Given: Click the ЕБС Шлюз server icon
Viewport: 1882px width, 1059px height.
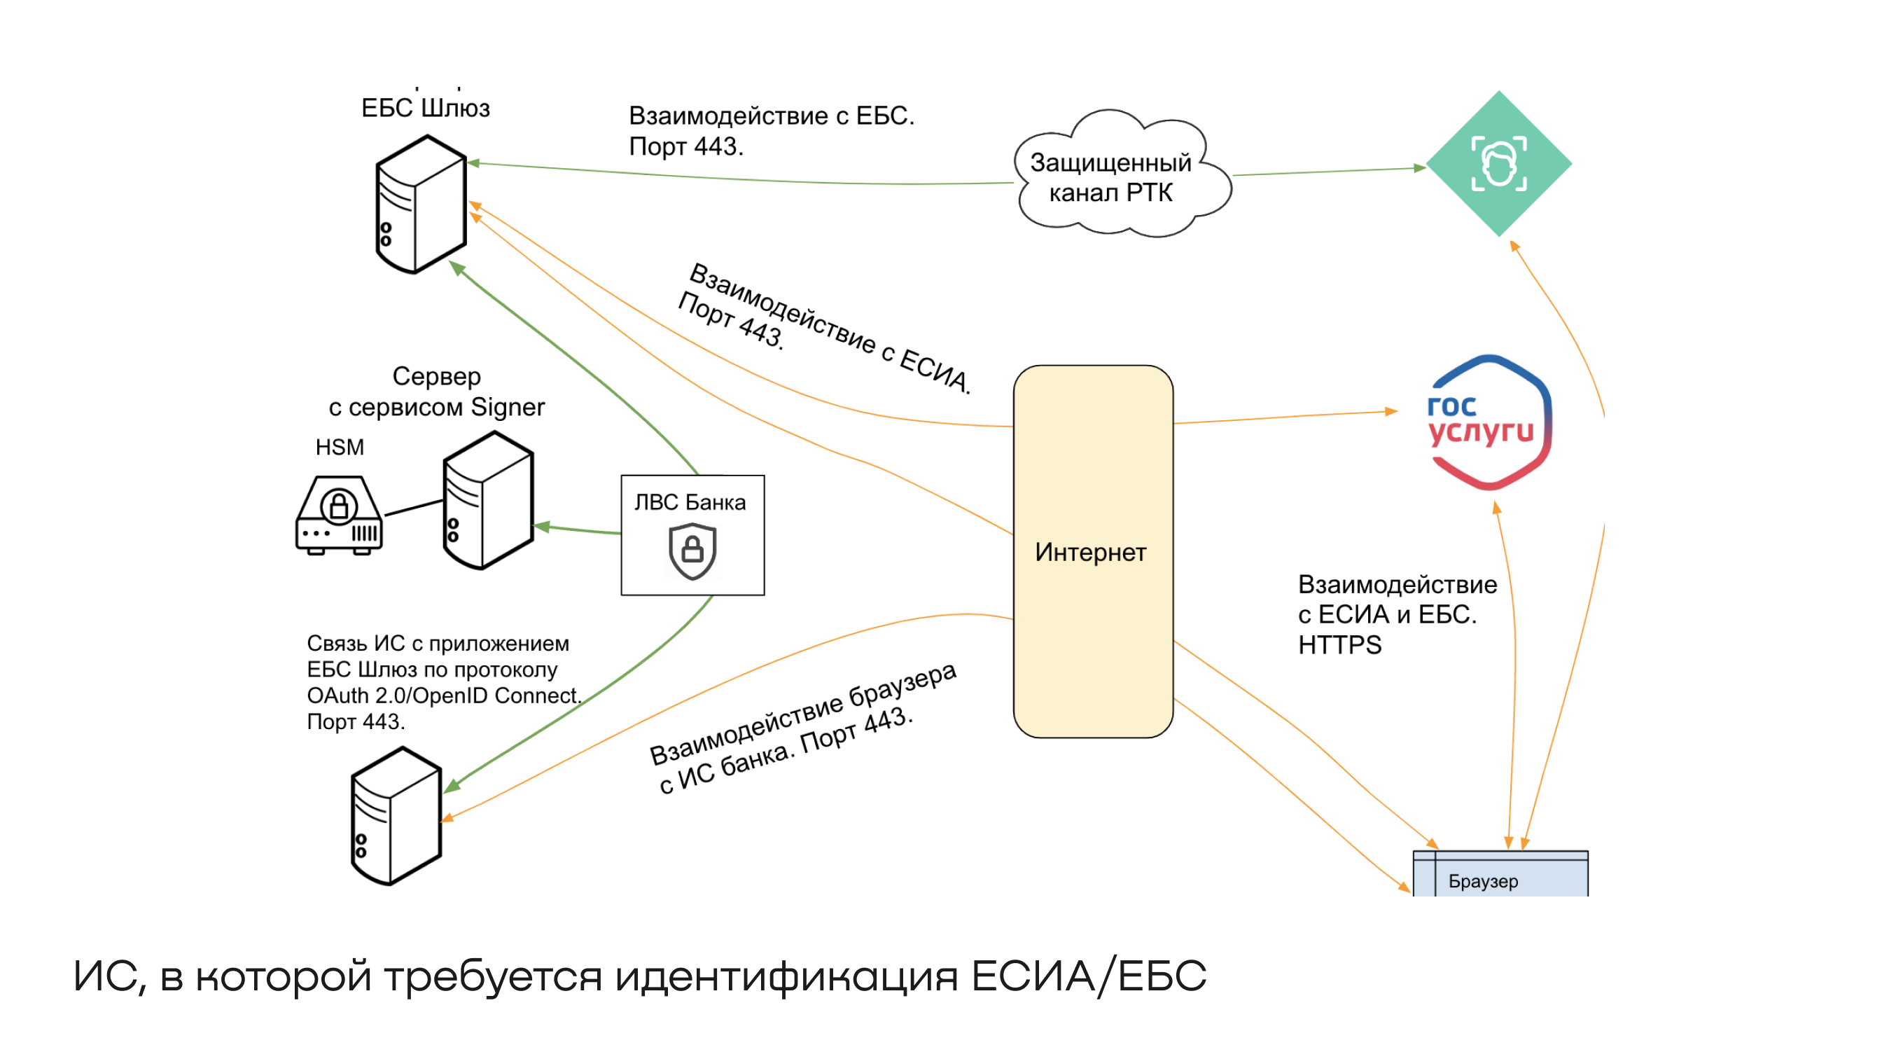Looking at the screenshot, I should tap(421, 204).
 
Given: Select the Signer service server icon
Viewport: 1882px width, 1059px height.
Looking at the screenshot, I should tap(488, 500).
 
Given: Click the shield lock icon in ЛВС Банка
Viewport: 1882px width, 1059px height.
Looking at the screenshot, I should tap(692, 551).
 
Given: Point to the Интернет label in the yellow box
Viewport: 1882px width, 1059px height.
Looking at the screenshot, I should tap(1090, 553).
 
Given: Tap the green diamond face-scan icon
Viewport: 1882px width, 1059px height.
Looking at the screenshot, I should tap(1498, 164).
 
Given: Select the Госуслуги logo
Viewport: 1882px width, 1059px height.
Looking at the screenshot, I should tap(1489, 422).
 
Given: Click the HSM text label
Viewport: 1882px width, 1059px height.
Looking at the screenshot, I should tap(340, 448).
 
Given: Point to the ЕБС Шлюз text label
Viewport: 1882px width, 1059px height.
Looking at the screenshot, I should tap(425, 108).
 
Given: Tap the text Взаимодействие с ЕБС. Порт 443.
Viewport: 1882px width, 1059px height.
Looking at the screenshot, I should tap(771, 131).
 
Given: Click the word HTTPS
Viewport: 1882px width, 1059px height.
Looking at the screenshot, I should tap(1339, 645).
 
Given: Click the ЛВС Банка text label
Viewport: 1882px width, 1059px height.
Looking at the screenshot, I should tap(690, 503).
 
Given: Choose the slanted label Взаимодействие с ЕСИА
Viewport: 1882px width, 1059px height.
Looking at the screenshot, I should tap(830, 327).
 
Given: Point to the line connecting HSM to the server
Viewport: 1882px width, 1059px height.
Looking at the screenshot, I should tap(414, 508).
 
